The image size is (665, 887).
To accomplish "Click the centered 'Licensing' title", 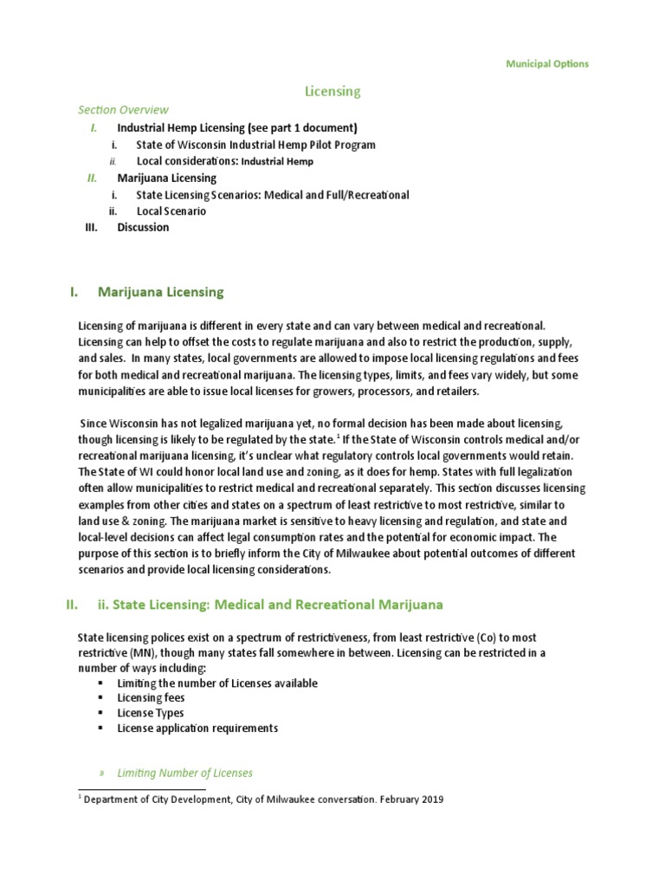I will click(332, 90).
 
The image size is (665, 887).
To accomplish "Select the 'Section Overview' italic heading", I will click(123, 110).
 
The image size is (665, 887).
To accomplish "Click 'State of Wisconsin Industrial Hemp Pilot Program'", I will click(255, 145).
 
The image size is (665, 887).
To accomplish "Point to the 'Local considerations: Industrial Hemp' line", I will click(224, 161).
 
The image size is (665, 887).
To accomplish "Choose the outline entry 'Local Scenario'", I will click(171, 211).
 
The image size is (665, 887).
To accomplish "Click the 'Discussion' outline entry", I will click(143, 228).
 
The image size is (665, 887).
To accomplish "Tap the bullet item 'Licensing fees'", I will click(151, 697).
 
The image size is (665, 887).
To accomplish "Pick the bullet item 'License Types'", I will click(150, 713).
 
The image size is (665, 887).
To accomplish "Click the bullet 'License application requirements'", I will click(197, 728).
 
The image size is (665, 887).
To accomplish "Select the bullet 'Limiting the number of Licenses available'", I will click(216, 683).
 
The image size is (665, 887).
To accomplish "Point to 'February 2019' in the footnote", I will click(410, 800).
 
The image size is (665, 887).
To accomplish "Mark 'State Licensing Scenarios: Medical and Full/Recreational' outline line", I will click(273, 195).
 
